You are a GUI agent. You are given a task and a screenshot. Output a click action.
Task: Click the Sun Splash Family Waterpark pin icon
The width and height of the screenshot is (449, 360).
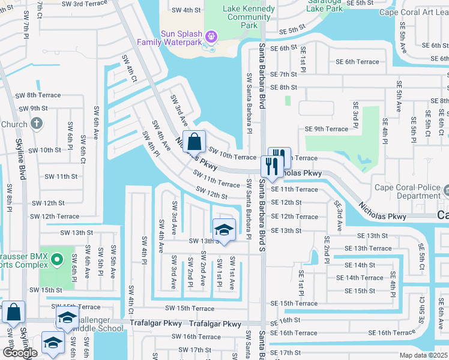211,37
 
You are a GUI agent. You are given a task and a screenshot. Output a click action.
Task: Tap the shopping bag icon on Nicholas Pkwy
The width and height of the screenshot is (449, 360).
194,142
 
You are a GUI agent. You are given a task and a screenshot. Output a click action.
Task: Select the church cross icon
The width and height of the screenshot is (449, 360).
36,124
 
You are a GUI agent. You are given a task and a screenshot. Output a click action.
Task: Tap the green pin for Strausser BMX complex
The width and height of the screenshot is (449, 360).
57,260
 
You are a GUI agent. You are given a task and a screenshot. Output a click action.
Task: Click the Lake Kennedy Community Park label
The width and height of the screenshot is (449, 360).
248,17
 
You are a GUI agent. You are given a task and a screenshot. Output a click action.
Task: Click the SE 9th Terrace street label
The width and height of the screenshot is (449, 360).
326,129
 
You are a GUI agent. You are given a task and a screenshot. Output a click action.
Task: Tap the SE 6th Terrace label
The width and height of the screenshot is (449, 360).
357,62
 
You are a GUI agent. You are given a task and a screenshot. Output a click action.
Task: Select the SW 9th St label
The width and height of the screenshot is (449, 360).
33,109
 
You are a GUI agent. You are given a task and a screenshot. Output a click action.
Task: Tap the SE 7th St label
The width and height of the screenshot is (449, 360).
283,74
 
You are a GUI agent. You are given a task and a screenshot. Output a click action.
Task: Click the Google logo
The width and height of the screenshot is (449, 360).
20,353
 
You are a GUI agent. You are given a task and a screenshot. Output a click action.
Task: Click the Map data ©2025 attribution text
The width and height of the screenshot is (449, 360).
423,355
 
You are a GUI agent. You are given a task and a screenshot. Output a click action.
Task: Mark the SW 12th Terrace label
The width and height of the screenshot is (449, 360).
54,217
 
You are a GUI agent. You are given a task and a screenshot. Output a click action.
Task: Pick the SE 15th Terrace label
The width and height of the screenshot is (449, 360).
294,304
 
